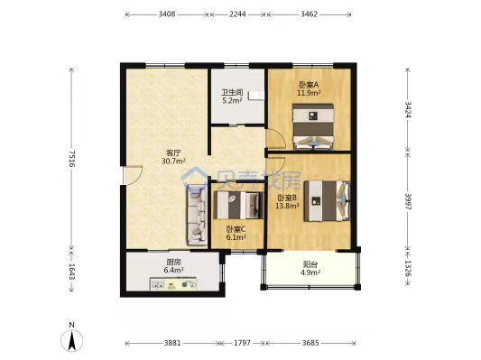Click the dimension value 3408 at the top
(x=167, y=14)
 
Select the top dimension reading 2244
(x=237, y=14)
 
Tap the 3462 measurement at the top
(x=309, y=14)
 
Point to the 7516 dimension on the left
(x=72, y=159)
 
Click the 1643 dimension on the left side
(x=72, y=272)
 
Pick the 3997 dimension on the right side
(x=408, y=201)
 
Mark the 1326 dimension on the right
(x=408, y=269)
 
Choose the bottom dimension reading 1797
(x=243, y=343)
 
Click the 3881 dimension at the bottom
(x=172, y=343)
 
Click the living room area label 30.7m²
(x=173, y=161)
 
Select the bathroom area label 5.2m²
(x=232, y=100)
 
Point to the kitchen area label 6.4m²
(x=173, y=270)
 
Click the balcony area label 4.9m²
(x=310, y=272)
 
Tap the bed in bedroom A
(x=313, y=126)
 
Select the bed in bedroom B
(x=328, y=201)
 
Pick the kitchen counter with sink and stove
(x=173, y=283)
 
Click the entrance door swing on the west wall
(x=133, y=175)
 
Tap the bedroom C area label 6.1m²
(x=236, y=237)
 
